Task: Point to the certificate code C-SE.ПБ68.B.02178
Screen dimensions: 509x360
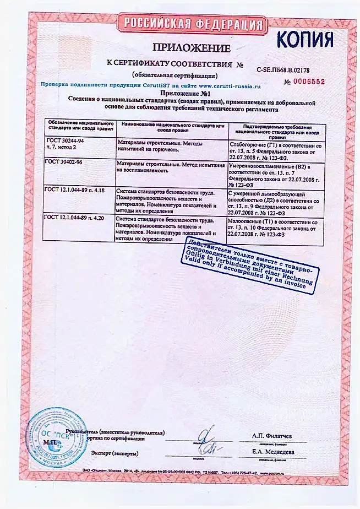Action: (283, 70)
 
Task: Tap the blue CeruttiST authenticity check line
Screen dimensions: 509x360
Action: (150, 86)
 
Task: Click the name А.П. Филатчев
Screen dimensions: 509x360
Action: (272, 436)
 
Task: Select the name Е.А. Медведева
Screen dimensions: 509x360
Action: (273, 452)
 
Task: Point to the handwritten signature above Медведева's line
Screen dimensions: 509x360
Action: (205, 442)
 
